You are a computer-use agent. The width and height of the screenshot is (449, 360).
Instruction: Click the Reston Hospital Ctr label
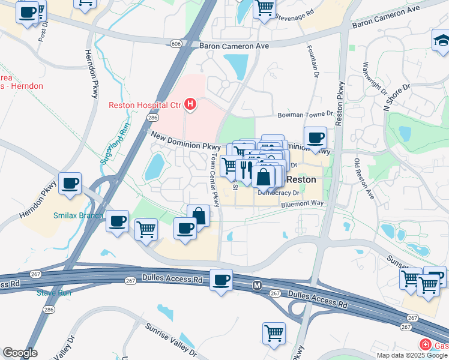145,105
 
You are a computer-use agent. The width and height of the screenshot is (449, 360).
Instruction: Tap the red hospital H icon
190,105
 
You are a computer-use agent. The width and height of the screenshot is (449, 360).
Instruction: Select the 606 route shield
175,44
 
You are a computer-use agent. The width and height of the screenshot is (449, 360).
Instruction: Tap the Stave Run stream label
54,293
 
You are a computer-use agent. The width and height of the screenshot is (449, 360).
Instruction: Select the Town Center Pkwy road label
214,179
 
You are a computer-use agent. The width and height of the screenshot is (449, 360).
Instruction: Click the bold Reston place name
302,179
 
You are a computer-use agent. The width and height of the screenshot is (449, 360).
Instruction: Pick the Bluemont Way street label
303,204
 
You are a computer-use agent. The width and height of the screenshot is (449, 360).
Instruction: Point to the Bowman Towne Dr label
305,114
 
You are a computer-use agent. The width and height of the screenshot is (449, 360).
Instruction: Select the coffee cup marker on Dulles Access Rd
221,280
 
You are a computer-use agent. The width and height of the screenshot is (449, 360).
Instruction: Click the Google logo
20,353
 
